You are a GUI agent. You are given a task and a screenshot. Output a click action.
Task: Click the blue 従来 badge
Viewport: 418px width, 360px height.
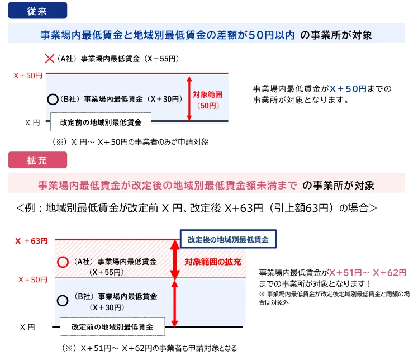coord(37,11)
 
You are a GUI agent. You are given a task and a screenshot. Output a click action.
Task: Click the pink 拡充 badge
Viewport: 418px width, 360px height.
coord(37,160)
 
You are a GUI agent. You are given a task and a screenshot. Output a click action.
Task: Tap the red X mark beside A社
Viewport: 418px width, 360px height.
coord(50,59)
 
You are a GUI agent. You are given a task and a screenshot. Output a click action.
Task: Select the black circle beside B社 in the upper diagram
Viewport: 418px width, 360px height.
coord(53,100)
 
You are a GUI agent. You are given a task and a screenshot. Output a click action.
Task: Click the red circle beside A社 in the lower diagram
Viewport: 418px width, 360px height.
coord(63,262)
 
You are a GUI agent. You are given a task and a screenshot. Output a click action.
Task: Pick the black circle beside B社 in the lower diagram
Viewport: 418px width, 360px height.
coord(63,301)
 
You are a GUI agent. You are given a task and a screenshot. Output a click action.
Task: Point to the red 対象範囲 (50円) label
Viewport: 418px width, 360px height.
coord(208,100)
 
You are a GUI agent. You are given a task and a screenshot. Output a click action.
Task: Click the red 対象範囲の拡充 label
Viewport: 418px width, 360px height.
coord(213,262)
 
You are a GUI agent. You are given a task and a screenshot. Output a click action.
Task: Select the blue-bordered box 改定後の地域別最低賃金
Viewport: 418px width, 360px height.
coord(228,239)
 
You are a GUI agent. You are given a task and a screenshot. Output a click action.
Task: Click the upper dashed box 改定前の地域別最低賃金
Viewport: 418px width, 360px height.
coord(101,122)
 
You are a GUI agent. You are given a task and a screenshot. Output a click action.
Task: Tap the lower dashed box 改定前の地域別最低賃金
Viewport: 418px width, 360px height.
coord(112,326)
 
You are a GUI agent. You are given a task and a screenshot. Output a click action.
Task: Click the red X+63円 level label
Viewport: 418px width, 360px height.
coord(31,241)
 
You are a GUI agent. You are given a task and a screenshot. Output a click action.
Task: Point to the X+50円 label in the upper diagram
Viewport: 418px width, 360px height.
coord(28,75)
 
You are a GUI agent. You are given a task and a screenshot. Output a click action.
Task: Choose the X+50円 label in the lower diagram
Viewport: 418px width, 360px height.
coord(33,280)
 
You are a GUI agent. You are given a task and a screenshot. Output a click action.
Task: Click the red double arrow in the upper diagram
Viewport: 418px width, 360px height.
coord(189,98)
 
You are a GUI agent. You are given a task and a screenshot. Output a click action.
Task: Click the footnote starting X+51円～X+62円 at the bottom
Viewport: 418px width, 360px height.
coord(149,348)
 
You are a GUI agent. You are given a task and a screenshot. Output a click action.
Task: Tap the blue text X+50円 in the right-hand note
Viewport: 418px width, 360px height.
coord(348,89)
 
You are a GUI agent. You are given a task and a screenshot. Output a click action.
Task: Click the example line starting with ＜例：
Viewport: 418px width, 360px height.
coord(197,208)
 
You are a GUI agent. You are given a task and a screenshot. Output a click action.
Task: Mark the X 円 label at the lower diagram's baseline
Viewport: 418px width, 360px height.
coord(27,327)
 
